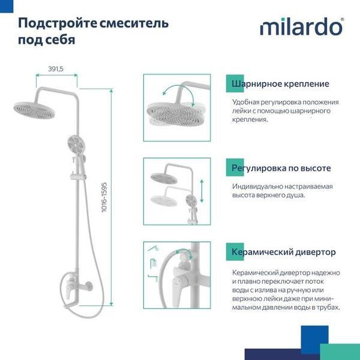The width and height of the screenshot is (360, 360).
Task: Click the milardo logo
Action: coord(302,27)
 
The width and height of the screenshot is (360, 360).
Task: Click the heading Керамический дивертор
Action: coord(284,252)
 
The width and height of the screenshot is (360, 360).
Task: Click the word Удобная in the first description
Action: coord(246,102)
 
